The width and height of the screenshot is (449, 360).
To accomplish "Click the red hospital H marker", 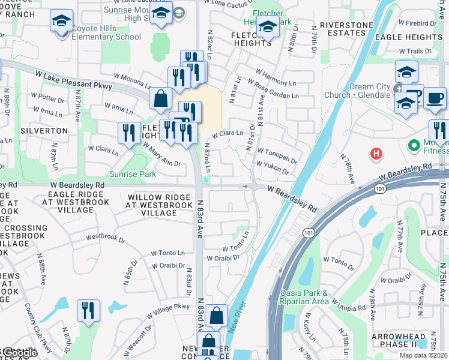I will coord(376,154).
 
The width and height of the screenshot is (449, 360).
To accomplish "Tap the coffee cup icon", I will coord(435,97).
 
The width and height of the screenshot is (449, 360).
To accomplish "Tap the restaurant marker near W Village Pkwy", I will coord(88,311).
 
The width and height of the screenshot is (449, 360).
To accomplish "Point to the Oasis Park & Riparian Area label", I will coord(304,297).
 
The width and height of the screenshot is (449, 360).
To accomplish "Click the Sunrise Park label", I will coord(132,175).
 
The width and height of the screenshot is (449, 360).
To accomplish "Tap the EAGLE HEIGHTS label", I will coord(414,37).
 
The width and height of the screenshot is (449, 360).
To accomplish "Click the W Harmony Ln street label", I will coord(277,81).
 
